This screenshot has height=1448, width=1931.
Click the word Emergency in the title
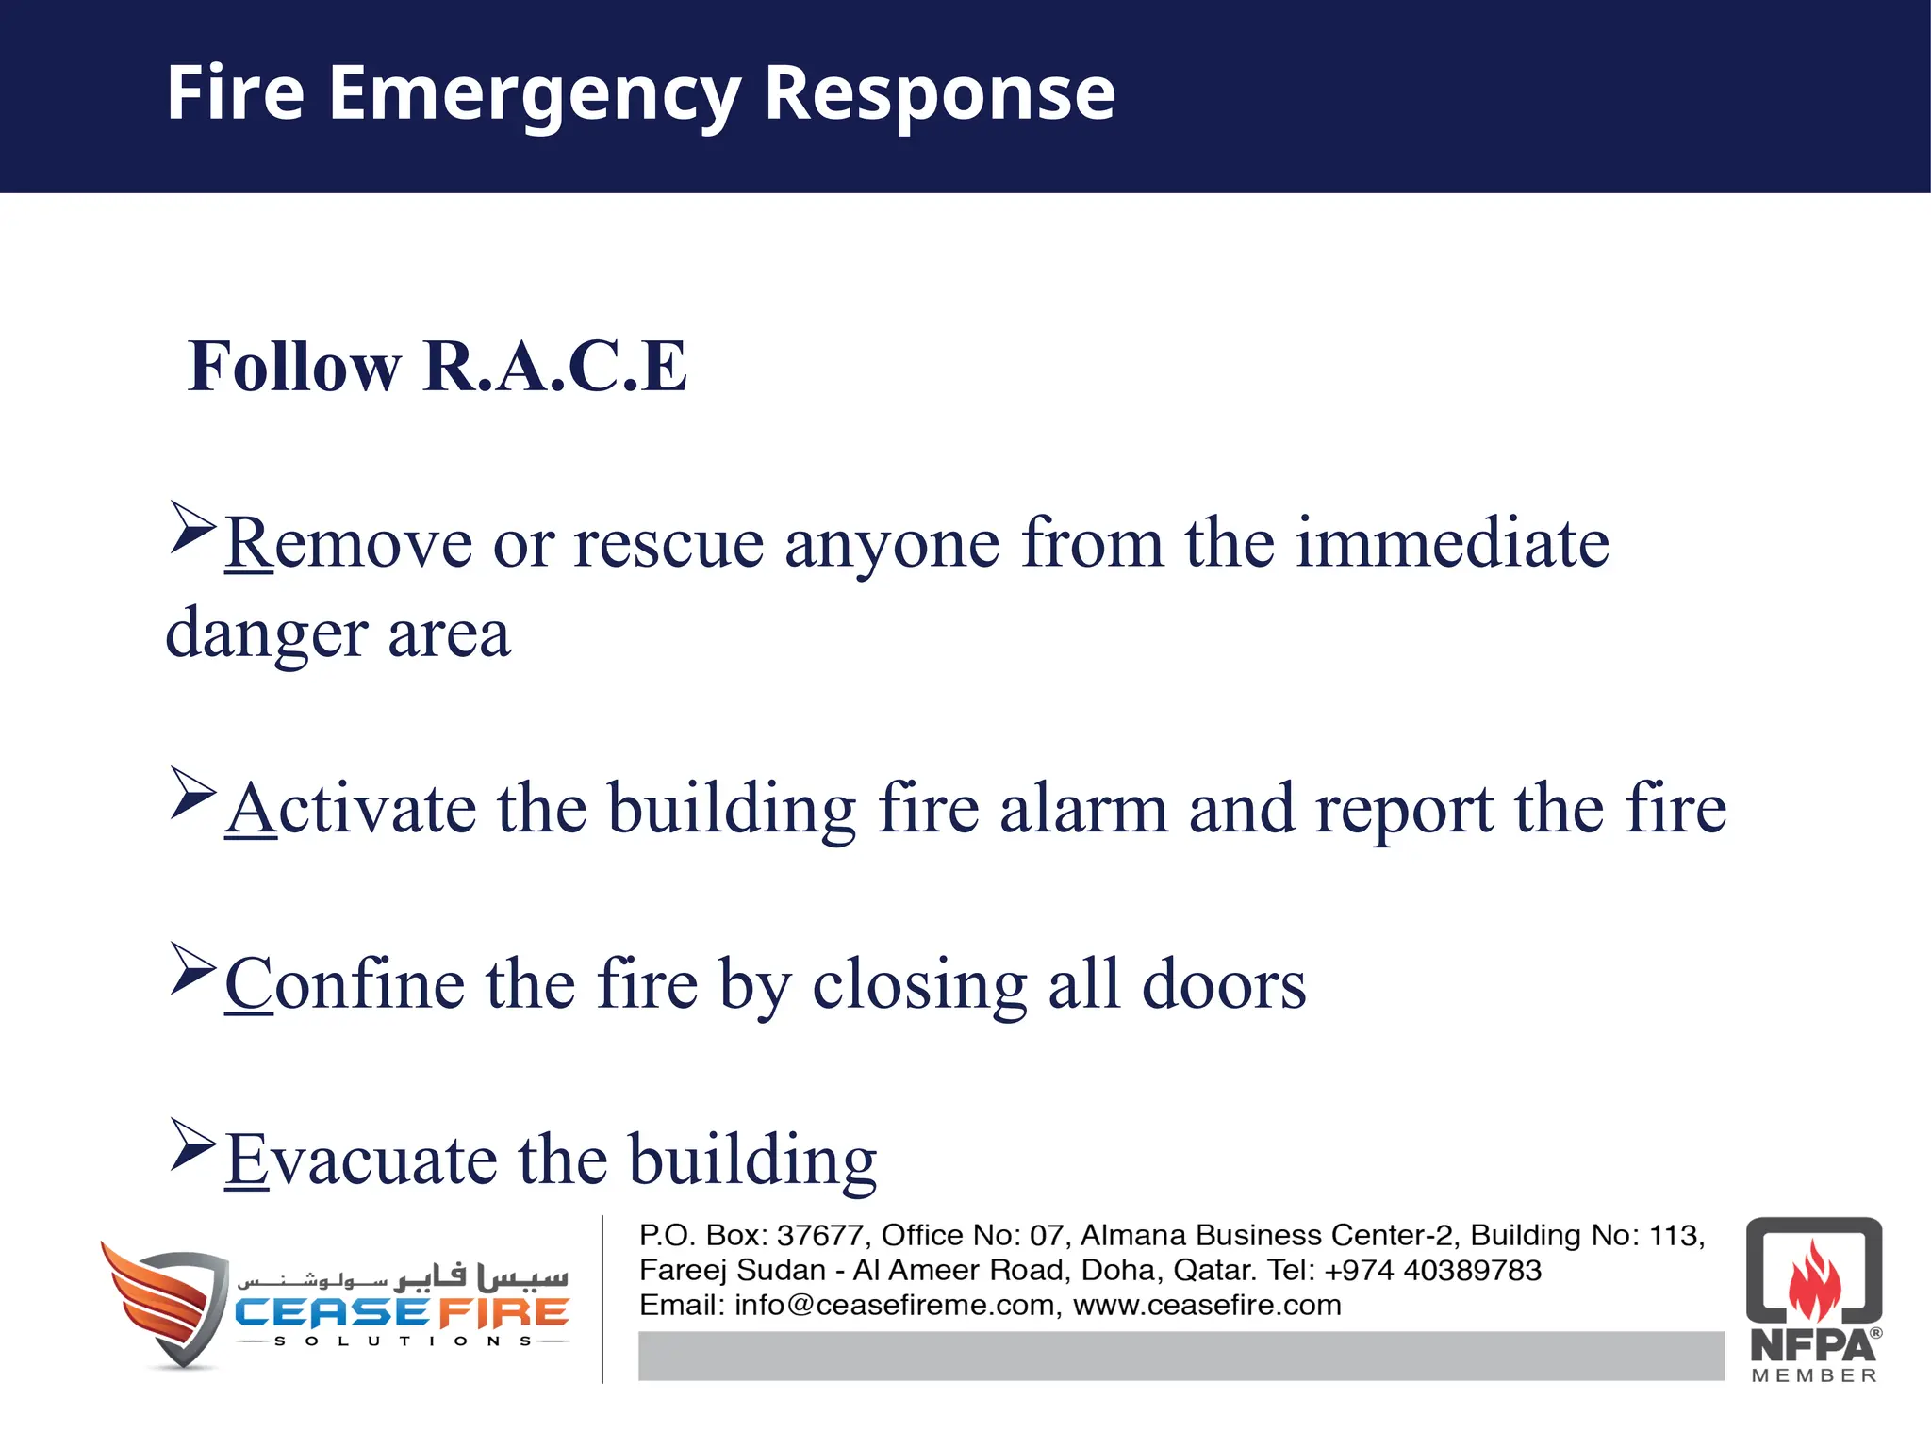tap(534, 94)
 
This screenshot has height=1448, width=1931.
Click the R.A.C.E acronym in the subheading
tap(555, 366)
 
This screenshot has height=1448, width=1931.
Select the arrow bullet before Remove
tap(193, 527)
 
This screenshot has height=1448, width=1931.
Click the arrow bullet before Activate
tap(193, 793)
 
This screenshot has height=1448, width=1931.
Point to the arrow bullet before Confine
tap(193, 968)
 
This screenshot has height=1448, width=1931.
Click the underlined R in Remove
tap(248, 543)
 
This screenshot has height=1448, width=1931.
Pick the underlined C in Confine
tap(248, 984)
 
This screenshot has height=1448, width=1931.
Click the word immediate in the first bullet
tap(1452, 543)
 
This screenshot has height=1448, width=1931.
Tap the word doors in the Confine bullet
tap(1224, 984)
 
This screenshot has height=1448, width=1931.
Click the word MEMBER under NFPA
tap(1814, 1375)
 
